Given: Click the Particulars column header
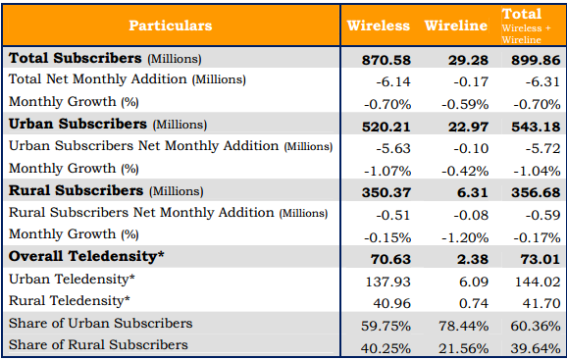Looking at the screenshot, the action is (x=171, y=26).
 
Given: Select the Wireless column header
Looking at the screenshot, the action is (x=379, y=26).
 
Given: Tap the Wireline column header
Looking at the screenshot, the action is (x=455, y=26).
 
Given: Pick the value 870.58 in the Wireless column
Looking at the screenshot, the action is (x=387, y=60).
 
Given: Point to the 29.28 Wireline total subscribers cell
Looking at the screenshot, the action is (x=468, y=60).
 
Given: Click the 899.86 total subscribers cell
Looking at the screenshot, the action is (x=536, y=60).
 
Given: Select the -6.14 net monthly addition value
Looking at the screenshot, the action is (x=393, y=81).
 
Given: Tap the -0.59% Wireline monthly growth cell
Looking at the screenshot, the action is (x=465, y=104).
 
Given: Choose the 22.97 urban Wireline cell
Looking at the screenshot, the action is (x=468, y=127).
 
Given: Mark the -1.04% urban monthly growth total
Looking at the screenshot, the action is (x=537, y=171).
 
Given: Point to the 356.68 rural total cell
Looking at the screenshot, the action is (x=536, y=192).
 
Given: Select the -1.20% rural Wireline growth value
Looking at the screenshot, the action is (x=465, y=237).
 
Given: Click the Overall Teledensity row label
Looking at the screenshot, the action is (x=86, y=256).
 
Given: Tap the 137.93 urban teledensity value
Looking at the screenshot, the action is (x=388, y=282).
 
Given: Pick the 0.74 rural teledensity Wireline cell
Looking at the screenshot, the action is (x=474, y=303).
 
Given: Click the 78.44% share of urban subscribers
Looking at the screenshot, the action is (x=464, y=326).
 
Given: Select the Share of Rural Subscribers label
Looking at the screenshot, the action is (x=98, y=345).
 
